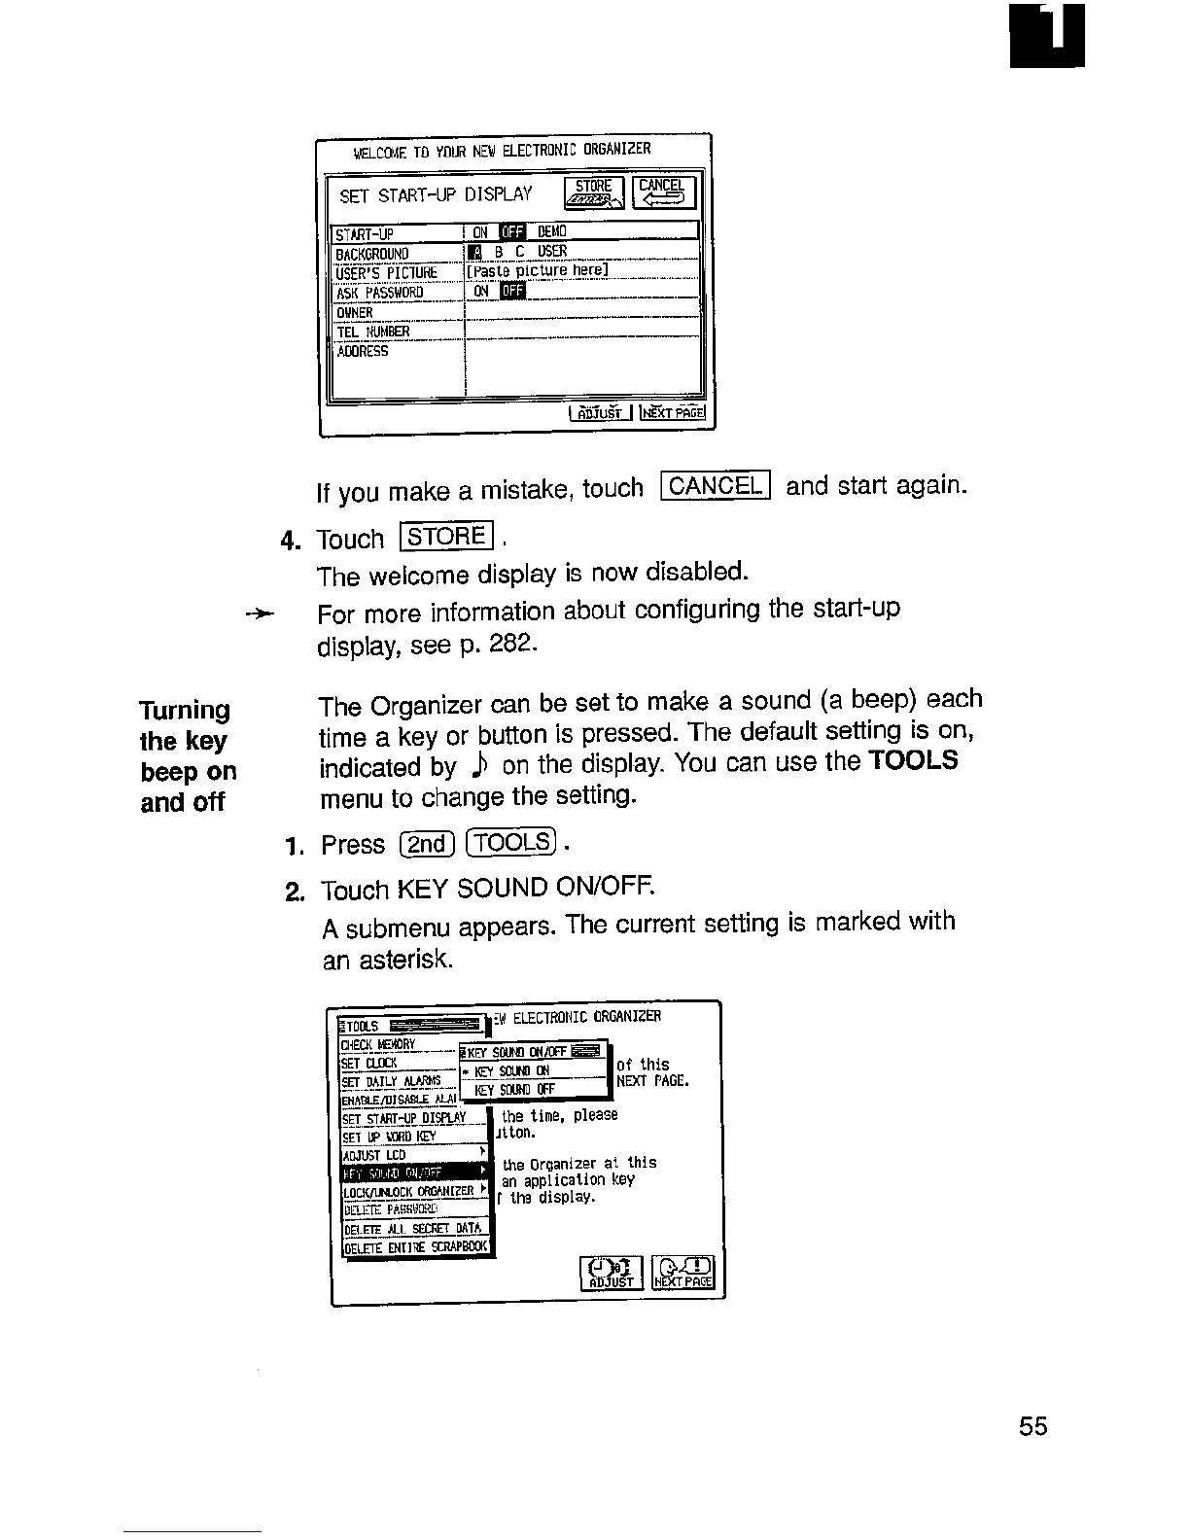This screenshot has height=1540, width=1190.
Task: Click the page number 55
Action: (x=1033, y=1426)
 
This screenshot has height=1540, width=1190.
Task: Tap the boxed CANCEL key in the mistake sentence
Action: (x=715, y=485)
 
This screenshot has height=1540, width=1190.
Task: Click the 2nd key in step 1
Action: (x=427, y=844)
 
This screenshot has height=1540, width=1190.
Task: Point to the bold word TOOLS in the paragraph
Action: (x=914, y=761)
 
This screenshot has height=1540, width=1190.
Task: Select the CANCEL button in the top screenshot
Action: (x=662, y=192)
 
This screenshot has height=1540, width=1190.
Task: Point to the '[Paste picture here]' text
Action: (x=538, y=271)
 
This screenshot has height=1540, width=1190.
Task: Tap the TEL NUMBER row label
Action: (x=373, y=332)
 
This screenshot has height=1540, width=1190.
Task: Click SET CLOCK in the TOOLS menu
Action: (x=369, y=1063)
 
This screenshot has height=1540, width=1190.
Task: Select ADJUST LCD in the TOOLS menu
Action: (x=374, y=1155)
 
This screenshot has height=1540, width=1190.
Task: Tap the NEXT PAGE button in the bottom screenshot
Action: (x=684, y=1273)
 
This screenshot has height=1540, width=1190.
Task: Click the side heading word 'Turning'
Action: (x=185, y=710)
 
